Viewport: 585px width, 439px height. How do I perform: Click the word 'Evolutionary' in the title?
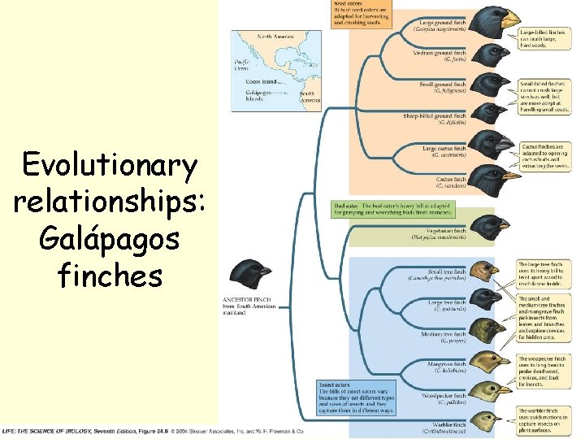pyautogui.click(x=110, y=167)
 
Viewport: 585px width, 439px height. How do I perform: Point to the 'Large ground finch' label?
pyautogui.click(x=443, y=21)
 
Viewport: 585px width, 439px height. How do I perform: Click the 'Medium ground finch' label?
pyautogui.click(x=440, y=54)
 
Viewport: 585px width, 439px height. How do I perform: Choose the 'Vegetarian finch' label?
pyautogui.click(x=442, y=231)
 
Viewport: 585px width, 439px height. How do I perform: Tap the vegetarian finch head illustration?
pyautogui.click(x=492, y=227)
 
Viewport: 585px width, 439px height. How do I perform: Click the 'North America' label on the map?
pyautogui.click(x=275, y=37)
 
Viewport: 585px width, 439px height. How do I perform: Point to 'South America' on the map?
pyautogui.click(x=310, y=96)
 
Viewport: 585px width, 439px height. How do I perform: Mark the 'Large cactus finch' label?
pyautogui.click(x=443, y=149)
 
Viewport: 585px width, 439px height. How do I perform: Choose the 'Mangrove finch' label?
pyautogui.click(x=446, y=363)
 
